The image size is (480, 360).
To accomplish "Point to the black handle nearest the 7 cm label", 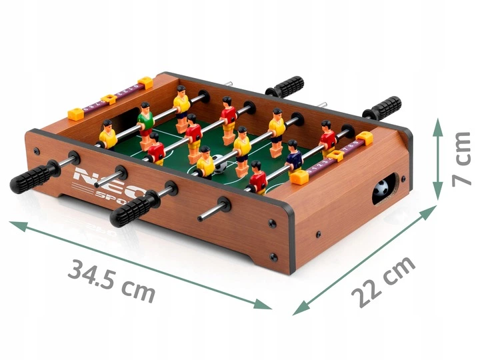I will [386, 107].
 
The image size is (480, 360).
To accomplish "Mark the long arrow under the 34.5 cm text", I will [141, 265].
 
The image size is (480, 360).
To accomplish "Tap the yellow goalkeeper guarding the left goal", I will [107, 134].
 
